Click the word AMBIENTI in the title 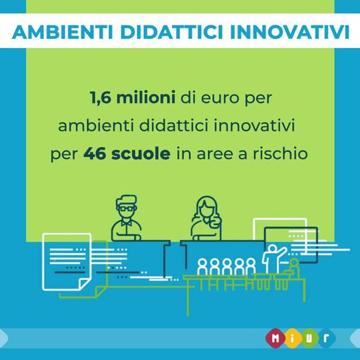point(62,31)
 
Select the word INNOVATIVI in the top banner point(290,31)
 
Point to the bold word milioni point(146,97)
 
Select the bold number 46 point(94,154)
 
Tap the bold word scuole point(141,153)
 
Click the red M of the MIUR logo point(275,338)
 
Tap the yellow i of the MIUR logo point(292,338)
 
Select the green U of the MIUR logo point(309,338)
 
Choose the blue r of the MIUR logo point(326,338)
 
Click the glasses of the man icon point(127,209)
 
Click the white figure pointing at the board point(274,258)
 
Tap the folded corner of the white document point(84,284)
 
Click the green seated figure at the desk point(293,268)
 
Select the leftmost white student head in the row point(203,262)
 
